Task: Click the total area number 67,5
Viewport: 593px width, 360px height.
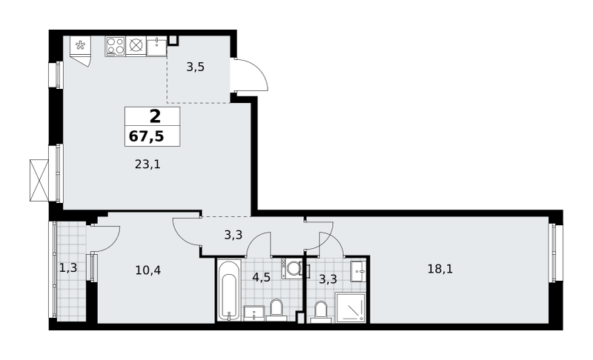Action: coord(146,136)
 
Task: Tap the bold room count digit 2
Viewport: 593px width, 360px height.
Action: coord(155,116)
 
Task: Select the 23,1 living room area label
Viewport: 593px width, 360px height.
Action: coord(148,164)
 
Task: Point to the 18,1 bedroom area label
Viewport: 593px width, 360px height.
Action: coord(440,269)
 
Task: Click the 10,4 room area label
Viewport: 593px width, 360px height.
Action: coord(148,270)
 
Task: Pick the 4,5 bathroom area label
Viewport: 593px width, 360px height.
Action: coord(262,277)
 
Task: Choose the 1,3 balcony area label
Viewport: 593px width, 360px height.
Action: coord(68,268)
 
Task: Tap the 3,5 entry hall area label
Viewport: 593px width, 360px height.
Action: coord(196,67)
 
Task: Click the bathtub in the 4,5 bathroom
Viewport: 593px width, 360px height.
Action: coord(229,290)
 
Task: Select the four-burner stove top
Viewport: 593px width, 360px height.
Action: coord(116,46)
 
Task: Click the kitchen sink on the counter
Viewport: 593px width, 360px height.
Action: coord(156,46)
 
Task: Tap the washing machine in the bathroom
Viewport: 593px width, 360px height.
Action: coord(291,269)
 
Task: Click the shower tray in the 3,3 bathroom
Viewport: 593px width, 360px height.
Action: coord(351,307)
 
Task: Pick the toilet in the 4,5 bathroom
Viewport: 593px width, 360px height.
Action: coord(276,310)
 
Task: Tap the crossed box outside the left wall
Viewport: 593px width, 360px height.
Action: coord(40,180)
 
